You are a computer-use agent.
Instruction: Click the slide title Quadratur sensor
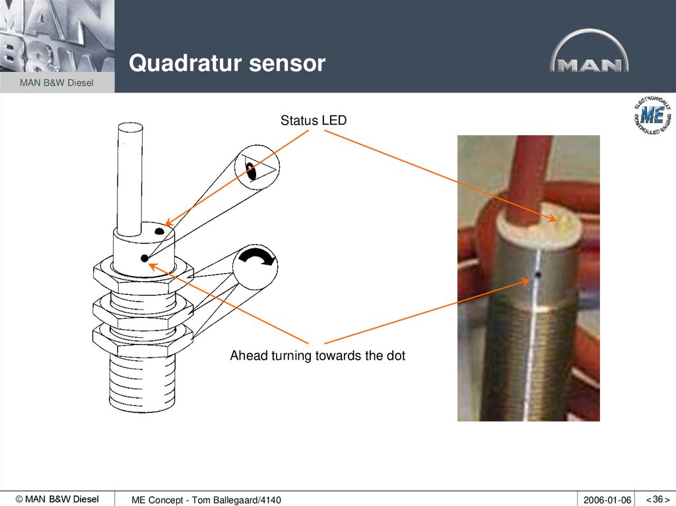(x=227, y=63)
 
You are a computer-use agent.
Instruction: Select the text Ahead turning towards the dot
(x=317, y=356)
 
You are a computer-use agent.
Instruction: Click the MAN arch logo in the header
(x=589, y=53)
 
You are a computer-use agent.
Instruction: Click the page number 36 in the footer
(x=658, y=499)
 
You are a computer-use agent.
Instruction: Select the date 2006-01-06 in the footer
(x=607, y=500)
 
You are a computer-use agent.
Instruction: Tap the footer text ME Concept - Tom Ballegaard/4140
(x=206, y=500)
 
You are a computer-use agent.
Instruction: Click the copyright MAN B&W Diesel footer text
(x=57, y=499)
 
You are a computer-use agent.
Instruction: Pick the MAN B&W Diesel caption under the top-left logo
(x=57, y=82)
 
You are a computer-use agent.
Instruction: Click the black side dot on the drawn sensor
(x=144, y=259)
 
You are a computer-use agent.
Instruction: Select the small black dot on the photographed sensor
(x=539, y=274)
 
